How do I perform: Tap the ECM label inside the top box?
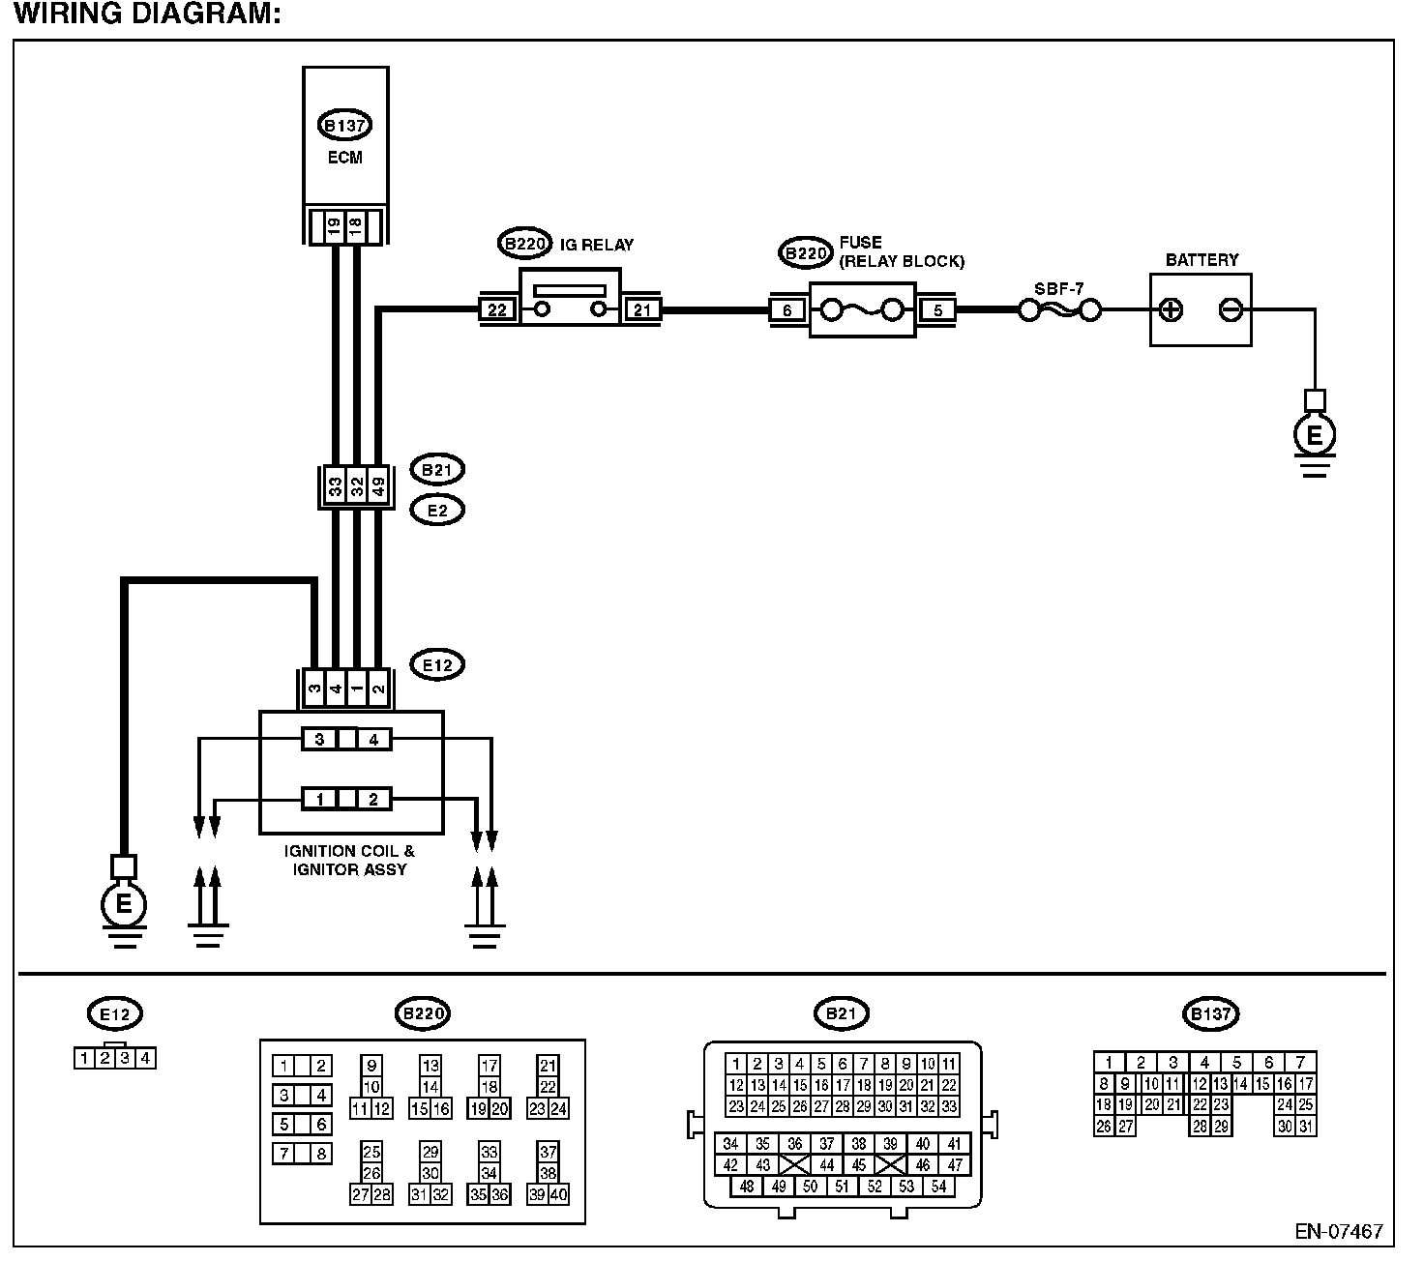tap(344, 158)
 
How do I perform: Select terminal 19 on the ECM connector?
tap(334, 228)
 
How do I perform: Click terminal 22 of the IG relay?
tap(497, 309)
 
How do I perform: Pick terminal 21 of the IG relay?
tap(642, 309)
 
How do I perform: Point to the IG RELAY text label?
tap(596, 245)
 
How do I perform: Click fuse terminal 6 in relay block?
tap(787, 309)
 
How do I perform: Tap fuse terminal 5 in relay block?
tap(937, 309)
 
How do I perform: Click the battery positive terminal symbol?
tap(1171, 310)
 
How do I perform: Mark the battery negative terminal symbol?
tap(1230, 310)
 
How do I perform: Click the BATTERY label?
tap(1201, 260)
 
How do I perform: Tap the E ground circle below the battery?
tap(1314, 436)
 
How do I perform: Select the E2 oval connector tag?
tap(437, 510)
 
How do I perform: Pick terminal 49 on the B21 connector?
tap(378, 486)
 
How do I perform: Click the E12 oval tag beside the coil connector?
tap(437, 664)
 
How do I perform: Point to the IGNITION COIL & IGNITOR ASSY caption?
tap(349, 861)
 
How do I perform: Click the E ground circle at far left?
tap(123, 904)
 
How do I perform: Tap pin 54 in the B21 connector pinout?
tap(938, 1187)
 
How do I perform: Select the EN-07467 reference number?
tap(1339, 1232)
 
